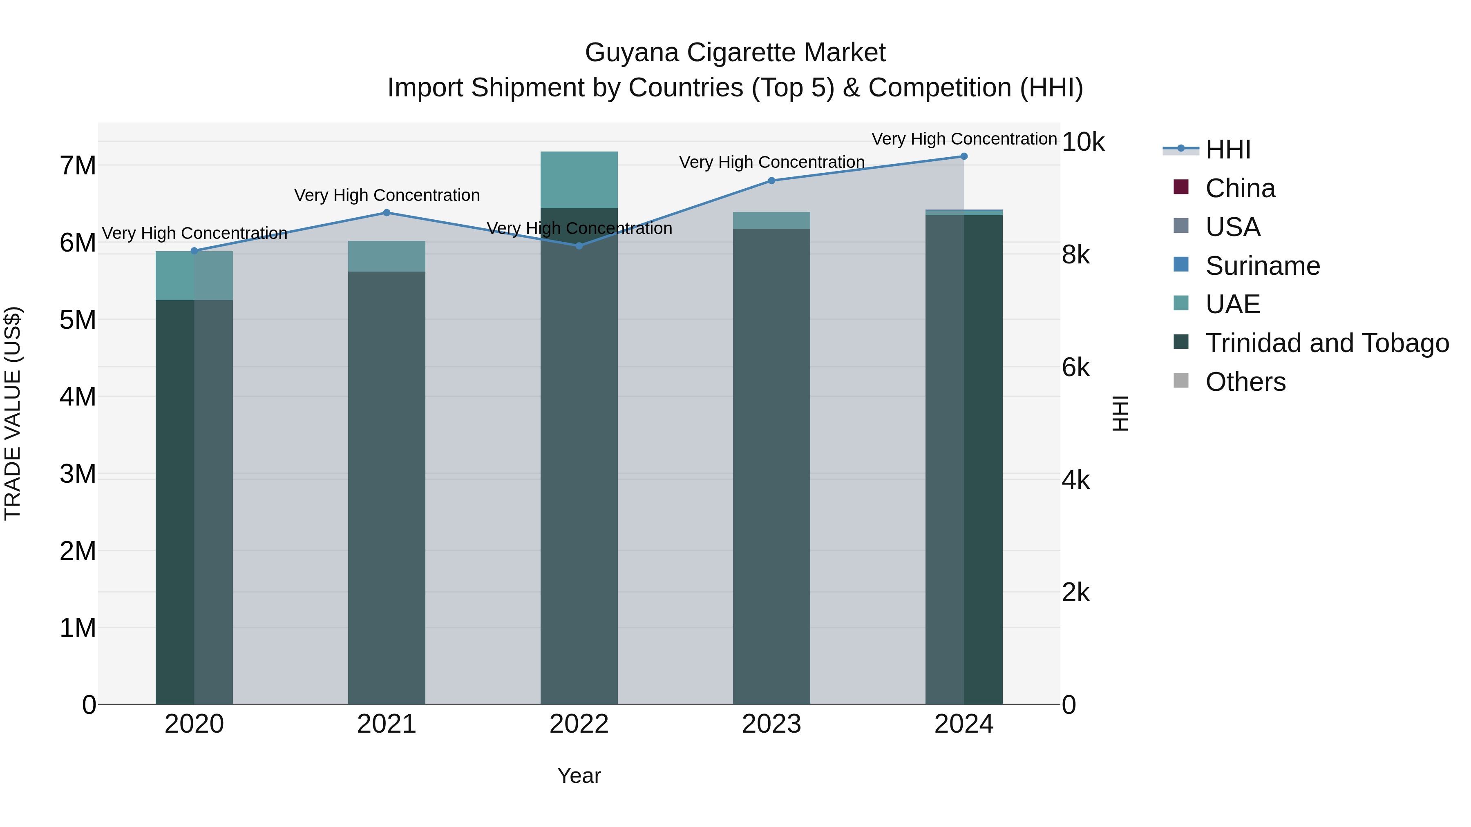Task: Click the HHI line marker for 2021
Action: pos(387,213)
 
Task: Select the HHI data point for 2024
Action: pos(964,156)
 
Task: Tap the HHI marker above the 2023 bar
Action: pos(771,181)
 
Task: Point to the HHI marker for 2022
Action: pos(579,246)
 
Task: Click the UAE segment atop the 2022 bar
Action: pos(579,180)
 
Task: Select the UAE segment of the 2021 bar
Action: pos(387,256)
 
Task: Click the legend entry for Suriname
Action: pos(1263,266)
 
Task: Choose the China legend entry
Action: pos(1240,188)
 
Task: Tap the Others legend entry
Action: pos(1245,382)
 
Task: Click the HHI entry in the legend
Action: pos(1228,149)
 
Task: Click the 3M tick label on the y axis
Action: pos(78,474)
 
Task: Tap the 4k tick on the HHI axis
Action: pos(1076,481)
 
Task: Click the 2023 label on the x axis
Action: pos(771,724)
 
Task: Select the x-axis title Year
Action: pos(579,776)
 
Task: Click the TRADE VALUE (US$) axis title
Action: pos(13,413)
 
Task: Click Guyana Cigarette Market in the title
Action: pos(735,53)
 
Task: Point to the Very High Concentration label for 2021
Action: pos(387,195)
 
